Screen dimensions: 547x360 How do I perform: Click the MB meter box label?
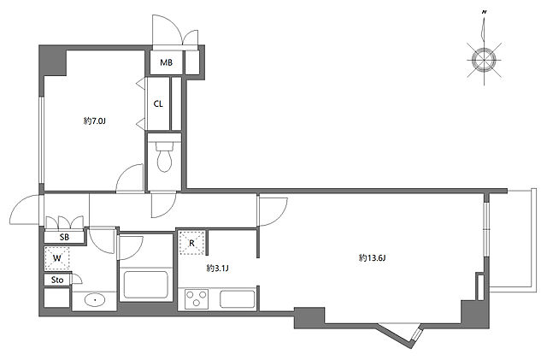coord(166,63)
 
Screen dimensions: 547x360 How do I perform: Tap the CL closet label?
coord(158,104)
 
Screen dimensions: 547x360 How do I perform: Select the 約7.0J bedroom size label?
coord(95,121)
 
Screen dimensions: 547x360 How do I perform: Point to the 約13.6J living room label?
coord(372,258)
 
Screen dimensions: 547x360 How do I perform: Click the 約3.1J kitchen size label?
coord(217,269)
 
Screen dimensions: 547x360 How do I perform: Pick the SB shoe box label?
coord(64,237)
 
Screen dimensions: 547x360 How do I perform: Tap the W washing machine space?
coord(57,258)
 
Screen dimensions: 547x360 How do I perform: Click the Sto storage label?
coord(57,280)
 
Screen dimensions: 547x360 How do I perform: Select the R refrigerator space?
coord(191,243)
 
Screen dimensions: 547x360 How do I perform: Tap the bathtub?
coord(146,284)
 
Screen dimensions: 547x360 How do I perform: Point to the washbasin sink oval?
coord(95,299)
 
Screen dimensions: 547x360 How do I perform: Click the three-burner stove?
coord(197,299)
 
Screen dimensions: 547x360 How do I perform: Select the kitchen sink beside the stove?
coord(238,299)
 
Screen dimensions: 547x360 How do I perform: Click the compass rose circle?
coord(485,60)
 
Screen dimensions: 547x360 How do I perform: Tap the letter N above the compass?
coord(485,12)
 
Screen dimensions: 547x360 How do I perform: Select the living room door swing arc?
coord(279,215)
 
